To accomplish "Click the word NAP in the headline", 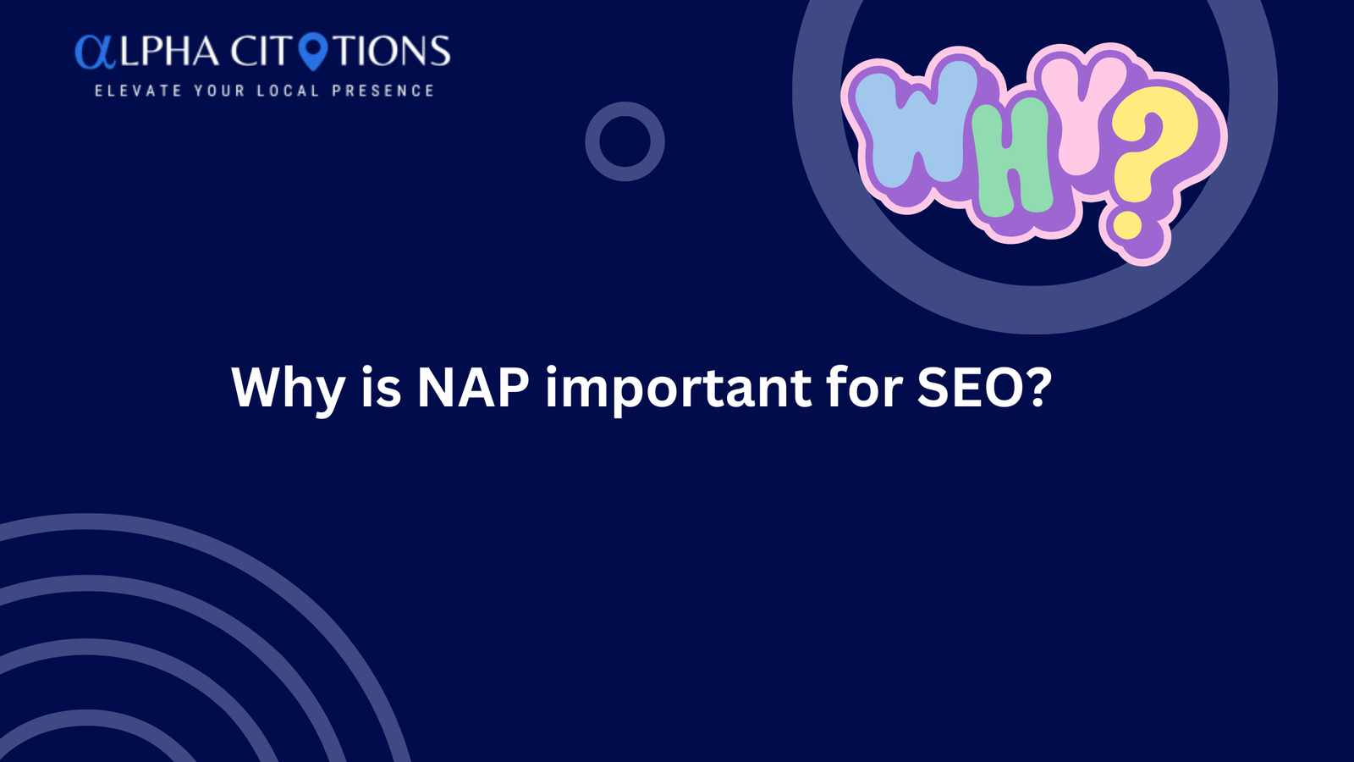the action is click(473, 387).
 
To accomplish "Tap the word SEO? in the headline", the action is click(985, 387).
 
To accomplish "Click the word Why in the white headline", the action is click(289, 390).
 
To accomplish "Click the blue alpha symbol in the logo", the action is click(95, 52).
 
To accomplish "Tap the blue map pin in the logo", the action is click(314, 51).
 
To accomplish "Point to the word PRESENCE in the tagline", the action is click(383, 91).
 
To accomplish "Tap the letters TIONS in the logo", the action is click(394, 51).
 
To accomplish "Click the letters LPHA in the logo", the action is click(170, 51).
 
